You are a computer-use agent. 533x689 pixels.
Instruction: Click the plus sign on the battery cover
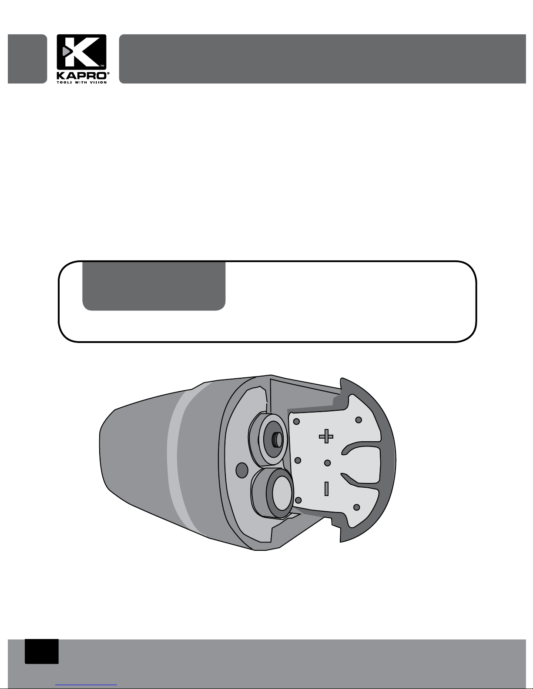[326, 436]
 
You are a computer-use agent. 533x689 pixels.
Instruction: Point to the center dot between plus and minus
[327, 463]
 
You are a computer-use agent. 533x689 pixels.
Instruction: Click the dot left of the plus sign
[297, 421]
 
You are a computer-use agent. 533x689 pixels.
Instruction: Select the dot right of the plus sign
[359, 420]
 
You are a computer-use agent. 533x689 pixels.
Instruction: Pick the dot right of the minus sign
[356, 507]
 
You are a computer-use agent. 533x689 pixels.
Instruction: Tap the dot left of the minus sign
[298, 500]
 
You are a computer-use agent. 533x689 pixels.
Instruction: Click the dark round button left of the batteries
[242, 469]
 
